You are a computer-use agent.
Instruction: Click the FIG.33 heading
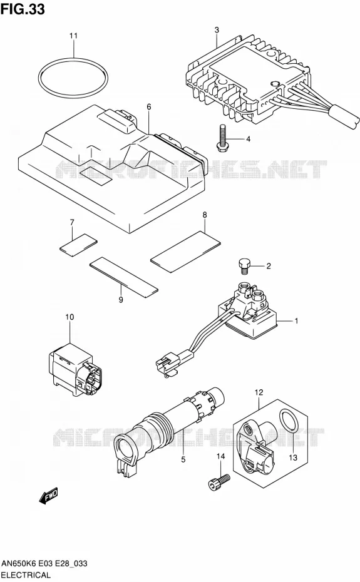click(23, 9)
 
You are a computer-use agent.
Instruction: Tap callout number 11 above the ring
click(73, 36)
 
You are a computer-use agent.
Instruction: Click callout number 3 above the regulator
click(217, 29)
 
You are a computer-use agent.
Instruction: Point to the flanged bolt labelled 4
click(222, 137)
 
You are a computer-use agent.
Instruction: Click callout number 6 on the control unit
click(149, 107)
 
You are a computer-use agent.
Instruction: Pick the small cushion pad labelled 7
click(78, 245)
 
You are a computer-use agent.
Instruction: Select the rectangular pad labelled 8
click(185, 252)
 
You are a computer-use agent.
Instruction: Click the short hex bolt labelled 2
click(243, 267)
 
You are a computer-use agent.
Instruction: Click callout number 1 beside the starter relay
click(296, 320)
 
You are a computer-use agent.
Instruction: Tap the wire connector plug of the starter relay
click(168, 364)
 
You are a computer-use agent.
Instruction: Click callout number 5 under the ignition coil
click(183, 459)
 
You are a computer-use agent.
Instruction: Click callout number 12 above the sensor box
click(259, 392)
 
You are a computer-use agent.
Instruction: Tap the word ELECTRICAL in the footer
click(26, 575)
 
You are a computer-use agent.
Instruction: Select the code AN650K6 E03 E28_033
click(44, 563)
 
